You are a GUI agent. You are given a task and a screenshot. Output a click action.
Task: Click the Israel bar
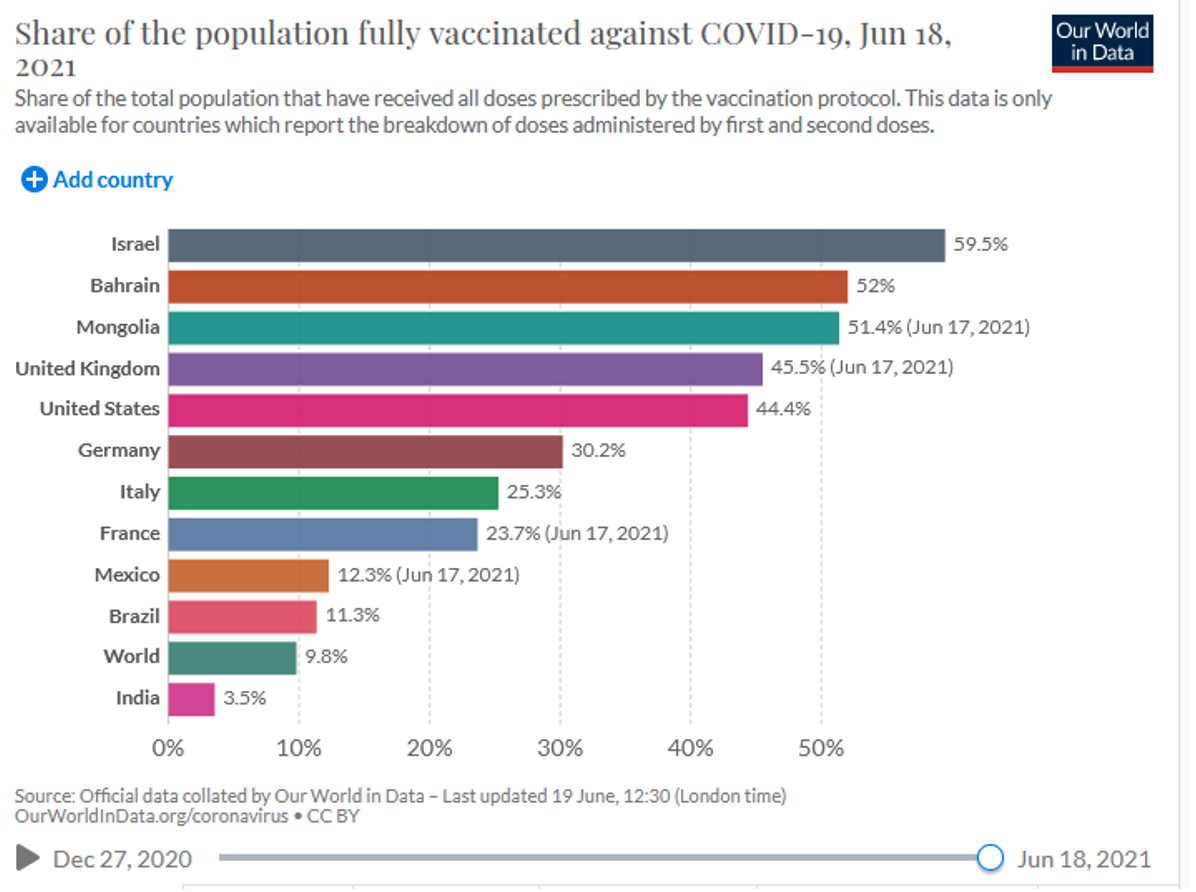(x=556, y=246)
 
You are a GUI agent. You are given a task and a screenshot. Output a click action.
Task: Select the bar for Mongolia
(x=503, y=328)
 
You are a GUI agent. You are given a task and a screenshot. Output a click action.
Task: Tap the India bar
(x=191, y=699)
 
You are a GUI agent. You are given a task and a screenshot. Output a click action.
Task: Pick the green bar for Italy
(x=333, y=493)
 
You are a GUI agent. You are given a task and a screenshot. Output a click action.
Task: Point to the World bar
(x=232, y=658)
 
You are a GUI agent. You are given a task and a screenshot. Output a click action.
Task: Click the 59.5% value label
(x=980, y=245)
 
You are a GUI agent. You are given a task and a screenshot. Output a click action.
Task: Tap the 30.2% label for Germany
(x=598, y=451)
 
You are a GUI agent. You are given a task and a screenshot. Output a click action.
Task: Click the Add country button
(x=97, y=180)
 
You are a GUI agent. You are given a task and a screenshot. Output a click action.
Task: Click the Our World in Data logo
(x=1102, y=43)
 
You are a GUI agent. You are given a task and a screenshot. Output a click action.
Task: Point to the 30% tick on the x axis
(x=560, y=748)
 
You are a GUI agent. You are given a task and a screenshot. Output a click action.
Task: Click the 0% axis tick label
(x=168, y=748)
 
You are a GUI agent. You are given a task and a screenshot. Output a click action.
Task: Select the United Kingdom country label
(x=87, y=369)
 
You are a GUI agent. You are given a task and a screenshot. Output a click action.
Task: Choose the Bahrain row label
(x=124, y=286)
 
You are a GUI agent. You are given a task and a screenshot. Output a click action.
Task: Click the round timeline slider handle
(x=990, y=858)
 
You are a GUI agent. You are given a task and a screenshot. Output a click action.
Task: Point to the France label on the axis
(x=129, y=534)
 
